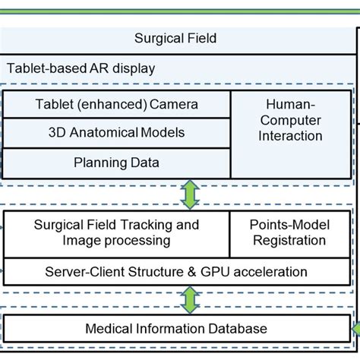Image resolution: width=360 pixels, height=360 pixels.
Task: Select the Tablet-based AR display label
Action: pos(81,68)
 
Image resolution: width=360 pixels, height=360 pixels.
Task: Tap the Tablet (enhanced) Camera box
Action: pos(117,103)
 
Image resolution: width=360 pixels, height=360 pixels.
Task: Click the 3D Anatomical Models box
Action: pos(117,132)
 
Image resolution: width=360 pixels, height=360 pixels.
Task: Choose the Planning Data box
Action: pos(117,162)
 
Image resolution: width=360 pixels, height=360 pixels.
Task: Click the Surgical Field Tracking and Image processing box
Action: pos(117,232)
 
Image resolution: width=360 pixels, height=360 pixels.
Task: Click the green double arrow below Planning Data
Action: pos(188,194)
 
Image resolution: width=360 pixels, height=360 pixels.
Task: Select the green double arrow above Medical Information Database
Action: pos(188,299)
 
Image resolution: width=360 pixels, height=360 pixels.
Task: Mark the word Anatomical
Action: pos(106,132)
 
